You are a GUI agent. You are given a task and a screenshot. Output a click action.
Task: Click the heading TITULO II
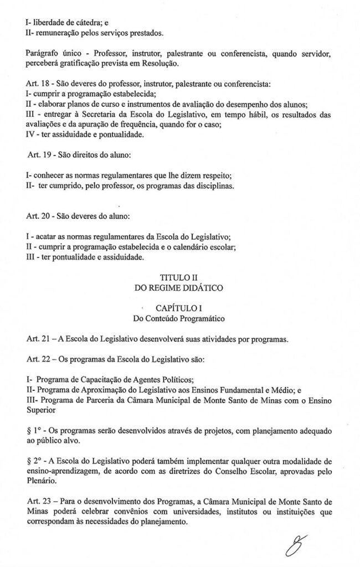pyautogui.click(x=179, y=277)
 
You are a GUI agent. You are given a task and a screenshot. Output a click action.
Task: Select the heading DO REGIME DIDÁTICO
pyautogui.click(x=179, y=288)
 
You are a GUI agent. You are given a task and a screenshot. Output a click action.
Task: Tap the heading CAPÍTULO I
pyautogui.click(x=179, y=307)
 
